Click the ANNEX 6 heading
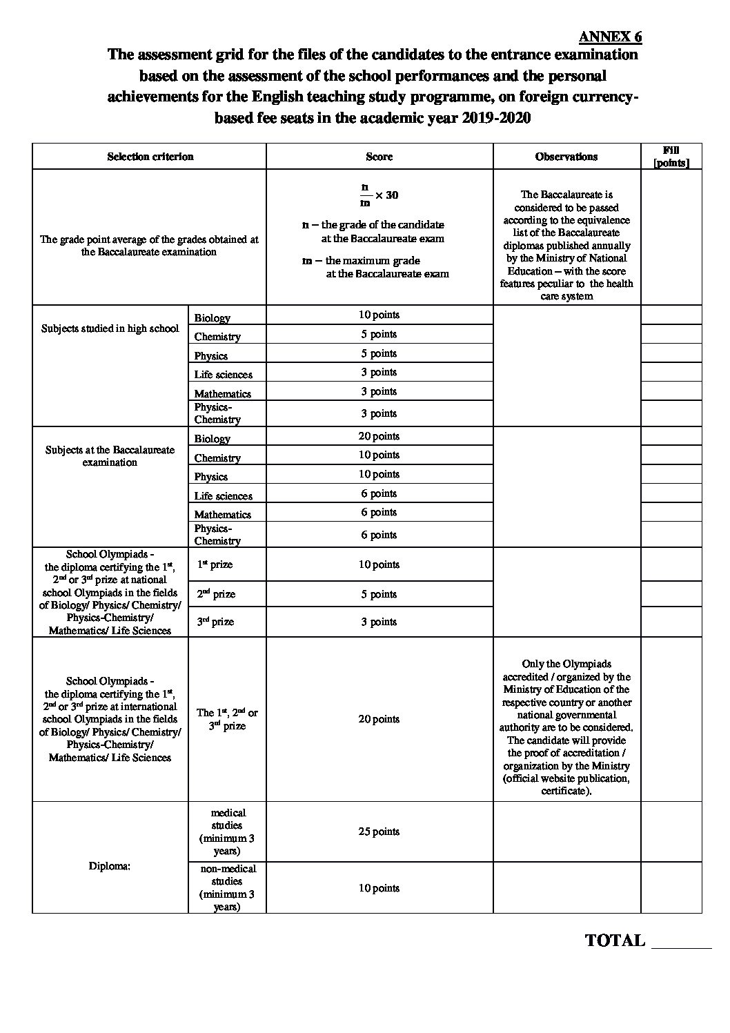[610, 37]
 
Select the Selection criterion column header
[150, 157]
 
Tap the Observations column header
[566, 157]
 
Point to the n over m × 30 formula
[379, 195]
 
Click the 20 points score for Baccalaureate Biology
[379, 436]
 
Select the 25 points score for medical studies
[379, 832]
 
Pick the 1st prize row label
[215, 564]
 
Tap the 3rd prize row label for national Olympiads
[215, 622]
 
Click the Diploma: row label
[110, 866]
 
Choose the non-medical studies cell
[227, 887]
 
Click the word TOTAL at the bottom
[615, 941]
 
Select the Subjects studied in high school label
[110, 328]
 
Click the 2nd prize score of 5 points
[379, 594]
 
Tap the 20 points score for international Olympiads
[379, 719]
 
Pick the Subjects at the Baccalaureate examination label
[110, 456]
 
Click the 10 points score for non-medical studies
[379, 888]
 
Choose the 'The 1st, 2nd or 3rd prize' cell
[227, 719]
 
